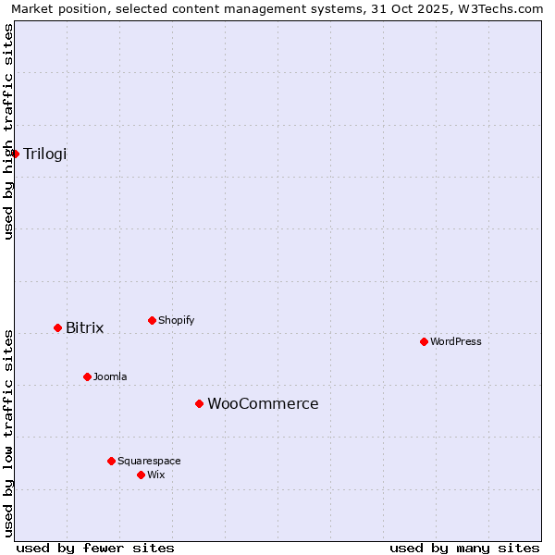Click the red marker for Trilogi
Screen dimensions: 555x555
click(16, 154)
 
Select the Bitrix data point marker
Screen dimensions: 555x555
click(57, 328)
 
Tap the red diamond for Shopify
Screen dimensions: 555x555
click(152, 321)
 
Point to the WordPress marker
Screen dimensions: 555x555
click(424, 342)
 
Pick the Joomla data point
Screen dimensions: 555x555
click(87, 377)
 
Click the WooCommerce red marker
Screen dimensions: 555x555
click(199, 404)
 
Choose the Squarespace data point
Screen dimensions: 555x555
click(111, 462)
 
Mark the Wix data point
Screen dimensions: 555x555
click(141, 475)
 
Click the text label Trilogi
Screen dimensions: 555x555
click(45, 154)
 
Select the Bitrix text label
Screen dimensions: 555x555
click(84, 328)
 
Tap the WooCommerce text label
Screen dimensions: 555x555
click(263, 404)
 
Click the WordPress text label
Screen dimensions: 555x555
click(456, 342)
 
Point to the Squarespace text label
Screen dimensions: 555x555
click(149, 462)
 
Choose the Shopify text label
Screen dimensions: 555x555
click(177, 321)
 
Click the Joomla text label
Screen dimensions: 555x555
click(110, 377)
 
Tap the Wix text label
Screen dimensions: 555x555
click(156, 475)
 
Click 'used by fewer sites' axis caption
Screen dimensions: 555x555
click(95, 548)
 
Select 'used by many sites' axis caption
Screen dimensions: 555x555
click(464, 548)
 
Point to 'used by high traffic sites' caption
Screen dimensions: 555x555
click(9, 131)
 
